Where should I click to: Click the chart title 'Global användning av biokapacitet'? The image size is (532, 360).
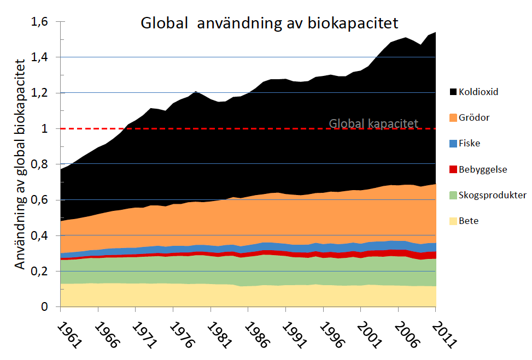coord(270,23)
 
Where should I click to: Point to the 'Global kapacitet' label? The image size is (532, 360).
coord(373,123)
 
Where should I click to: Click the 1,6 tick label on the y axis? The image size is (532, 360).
coord(40,22)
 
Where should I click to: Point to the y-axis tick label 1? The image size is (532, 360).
coord(46,129)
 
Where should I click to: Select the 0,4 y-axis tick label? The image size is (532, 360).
coord(40,236)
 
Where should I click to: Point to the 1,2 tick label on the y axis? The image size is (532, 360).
coord(40,93)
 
